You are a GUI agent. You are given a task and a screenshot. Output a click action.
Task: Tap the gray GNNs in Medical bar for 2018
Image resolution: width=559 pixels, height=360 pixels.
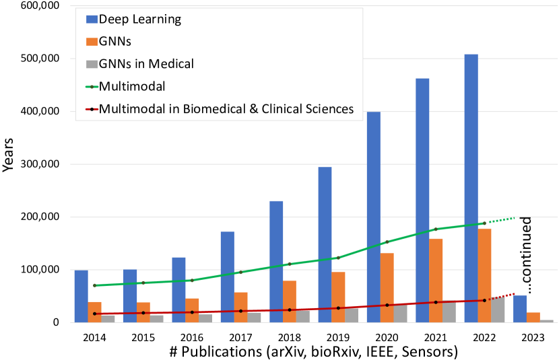(302, 316)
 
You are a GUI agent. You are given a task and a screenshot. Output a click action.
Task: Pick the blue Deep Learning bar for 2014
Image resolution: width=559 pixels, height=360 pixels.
(81, 296)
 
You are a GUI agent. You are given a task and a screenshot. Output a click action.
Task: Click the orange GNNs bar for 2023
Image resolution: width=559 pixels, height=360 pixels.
(532, 318)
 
